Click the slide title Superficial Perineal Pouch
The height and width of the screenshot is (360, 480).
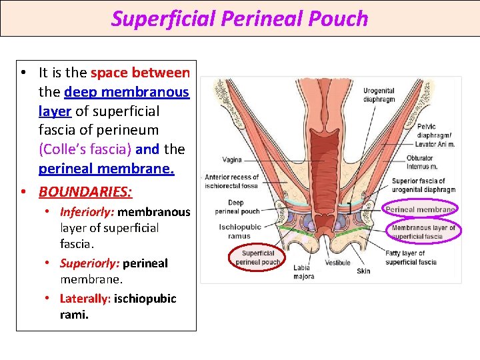[x=239, y=19]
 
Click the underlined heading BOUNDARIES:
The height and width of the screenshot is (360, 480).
[x=85, y=192]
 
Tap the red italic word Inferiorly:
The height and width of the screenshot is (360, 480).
[x=87, y=212]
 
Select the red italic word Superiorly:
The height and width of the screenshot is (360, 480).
[x=89, y=263]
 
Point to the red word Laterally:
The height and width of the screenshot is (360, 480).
[x=85, y=298]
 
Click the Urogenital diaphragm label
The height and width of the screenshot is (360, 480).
[x=379, y=95]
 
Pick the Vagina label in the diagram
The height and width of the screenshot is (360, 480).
[x=232, y=160]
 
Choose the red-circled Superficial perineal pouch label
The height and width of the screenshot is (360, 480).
[x=258, y=258]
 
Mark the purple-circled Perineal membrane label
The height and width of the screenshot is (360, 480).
[x=420, y=209]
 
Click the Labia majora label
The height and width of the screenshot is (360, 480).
[x=303, y=272]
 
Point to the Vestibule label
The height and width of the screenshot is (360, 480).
[x=338, y=263]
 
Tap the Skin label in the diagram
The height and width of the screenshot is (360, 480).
[x=363, y=271]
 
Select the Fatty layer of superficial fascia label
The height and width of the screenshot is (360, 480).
[x=411, y=258]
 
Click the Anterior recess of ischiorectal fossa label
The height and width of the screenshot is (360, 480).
[x=232, y=181]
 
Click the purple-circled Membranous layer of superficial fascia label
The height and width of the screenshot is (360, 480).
[x=423, y=232]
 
